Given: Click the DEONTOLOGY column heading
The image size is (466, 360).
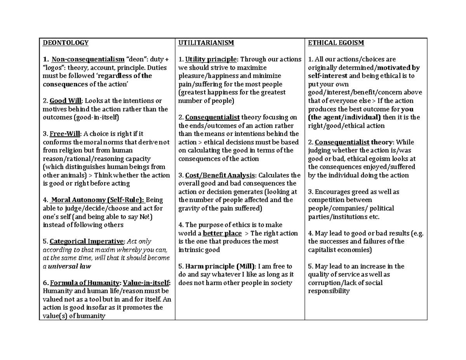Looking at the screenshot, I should pos(65,43).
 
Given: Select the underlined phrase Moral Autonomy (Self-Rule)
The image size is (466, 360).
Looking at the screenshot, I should pos(97,200).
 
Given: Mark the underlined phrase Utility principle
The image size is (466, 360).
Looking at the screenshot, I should pos(210,59).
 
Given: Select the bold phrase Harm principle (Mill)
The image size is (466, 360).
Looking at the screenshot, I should pos(221,266).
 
